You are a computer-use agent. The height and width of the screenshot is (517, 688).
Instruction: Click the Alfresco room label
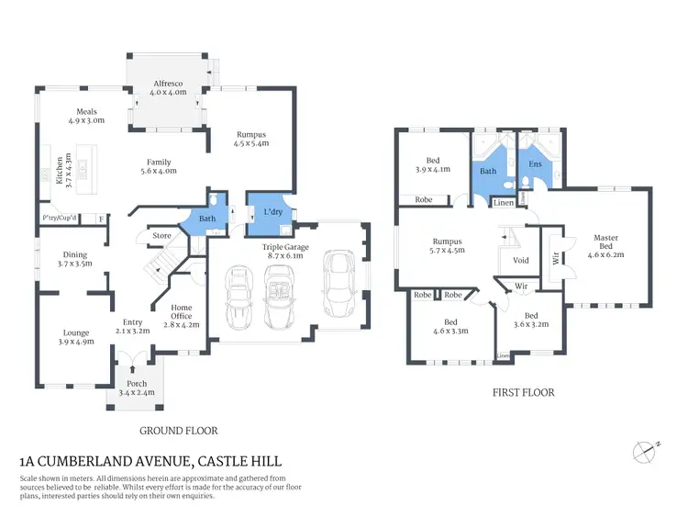(x=168, y=84)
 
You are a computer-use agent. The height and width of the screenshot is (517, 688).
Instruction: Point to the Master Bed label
(x=605, y=239)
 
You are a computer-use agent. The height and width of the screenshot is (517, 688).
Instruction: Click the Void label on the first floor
(x=521, y=260)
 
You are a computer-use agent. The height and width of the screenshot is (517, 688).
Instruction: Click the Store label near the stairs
(x=161, y=236)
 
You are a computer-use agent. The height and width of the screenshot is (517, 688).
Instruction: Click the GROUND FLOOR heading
(x=178, y=430)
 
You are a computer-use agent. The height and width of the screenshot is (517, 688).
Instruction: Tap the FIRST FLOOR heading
(x=524, y=393)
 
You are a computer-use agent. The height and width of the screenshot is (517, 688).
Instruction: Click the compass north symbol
(x=644, y=450)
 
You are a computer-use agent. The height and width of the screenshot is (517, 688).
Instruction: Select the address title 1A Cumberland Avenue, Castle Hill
(x=150, y=462)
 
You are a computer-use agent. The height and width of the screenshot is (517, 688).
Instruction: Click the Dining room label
(x=74, y=254)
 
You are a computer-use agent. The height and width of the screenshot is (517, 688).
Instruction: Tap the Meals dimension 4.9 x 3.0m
(x=86, y=120)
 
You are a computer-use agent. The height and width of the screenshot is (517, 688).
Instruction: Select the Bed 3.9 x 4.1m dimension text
(x=432, y=169)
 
